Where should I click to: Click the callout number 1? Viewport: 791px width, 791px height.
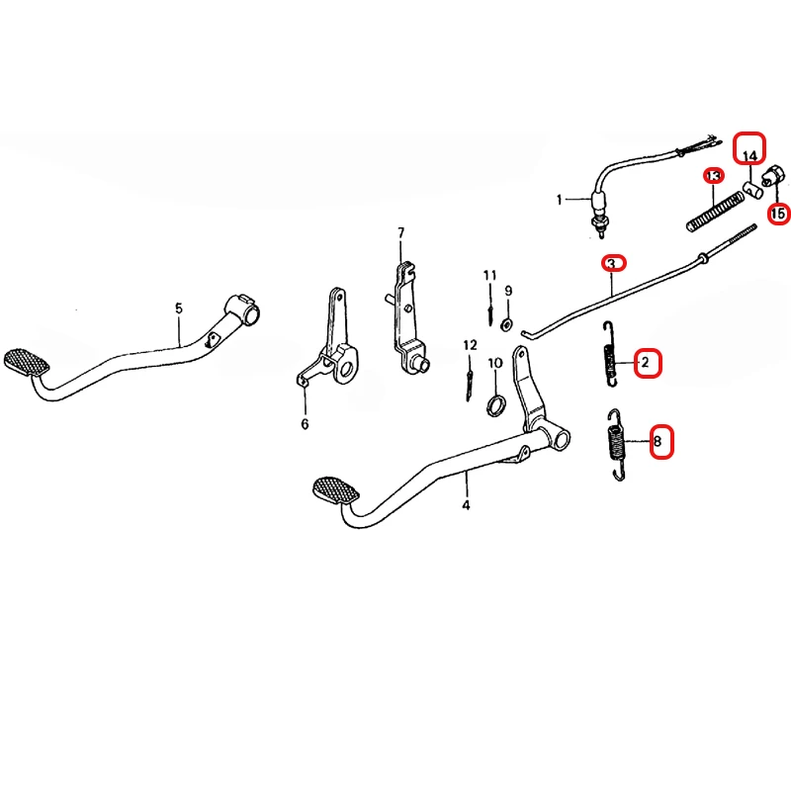(x=559, y=200)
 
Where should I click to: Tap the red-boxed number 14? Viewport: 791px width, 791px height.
(x=749, y=156)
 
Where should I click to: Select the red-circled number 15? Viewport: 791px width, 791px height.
(x=778, y=214)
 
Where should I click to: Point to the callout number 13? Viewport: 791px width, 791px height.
(x=713, y=176)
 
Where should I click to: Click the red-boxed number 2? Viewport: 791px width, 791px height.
(x=645, y=362)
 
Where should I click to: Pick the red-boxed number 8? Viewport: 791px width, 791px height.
(x=658, y=442)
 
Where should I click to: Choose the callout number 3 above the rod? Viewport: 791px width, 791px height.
(x=611, y=264)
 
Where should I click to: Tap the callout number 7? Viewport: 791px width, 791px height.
(x=401, y=233)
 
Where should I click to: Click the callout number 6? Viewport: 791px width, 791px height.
(x=305, y=424)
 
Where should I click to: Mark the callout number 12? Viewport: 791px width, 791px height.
(x=470, y=345)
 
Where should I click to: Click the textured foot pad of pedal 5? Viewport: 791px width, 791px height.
(x=27, y=362)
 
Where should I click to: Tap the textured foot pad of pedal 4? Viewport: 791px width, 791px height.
(x=336, y=489)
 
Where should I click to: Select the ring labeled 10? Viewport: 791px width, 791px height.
(x=496, y=406)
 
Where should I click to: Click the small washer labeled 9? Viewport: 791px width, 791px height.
(x=506, y=324)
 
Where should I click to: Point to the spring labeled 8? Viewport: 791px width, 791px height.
(x=615, y=444)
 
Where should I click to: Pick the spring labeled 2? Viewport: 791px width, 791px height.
(x=610, y=354)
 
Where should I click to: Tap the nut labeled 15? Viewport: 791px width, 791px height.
(x=774, y=175)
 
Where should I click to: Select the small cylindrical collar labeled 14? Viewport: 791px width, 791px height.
(x=751, y=191)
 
